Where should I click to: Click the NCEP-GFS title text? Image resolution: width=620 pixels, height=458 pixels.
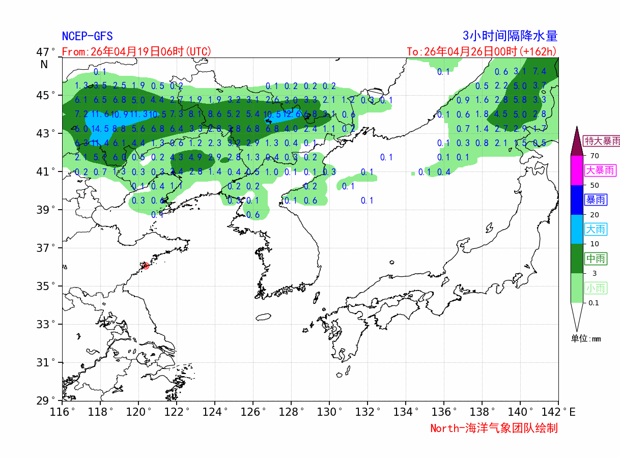click(x=87, y=36)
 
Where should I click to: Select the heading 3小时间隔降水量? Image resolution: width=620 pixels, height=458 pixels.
click(x=510, y=36)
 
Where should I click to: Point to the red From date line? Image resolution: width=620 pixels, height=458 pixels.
click(x=136, y=51)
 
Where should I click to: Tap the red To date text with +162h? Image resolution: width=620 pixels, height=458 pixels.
click(x=482, y=51)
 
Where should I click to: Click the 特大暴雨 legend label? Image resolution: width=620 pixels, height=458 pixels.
click(x=602, y=141)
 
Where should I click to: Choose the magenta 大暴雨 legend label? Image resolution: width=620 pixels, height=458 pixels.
click(x=601, y=170)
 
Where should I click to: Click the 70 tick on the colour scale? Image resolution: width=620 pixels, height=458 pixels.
click(x=594, y=156)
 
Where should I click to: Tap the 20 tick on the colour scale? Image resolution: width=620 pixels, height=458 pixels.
click(x=594, y=215)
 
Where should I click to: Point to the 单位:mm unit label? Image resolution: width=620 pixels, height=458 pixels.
click(x=585, y=339)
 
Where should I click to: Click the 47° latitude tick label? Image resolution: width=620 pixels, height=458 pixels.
click(x=46, y=52)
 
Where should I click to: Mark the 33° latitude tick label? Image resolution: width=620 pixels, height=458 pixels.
click(x=46, y=324)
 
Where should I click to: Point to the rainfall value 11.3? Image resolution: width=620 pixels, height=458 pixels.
click(x=138, y=114)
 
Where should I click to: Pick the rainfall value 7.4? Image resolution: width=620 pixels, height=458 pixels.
click(x=540, y=72)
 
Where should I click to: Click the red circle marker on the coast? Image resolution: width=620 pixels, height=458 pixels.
click(x=146, y=266)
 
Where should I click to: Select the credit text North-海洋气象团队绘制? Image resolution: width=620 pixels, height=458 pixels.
click(x=494, y=428)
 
